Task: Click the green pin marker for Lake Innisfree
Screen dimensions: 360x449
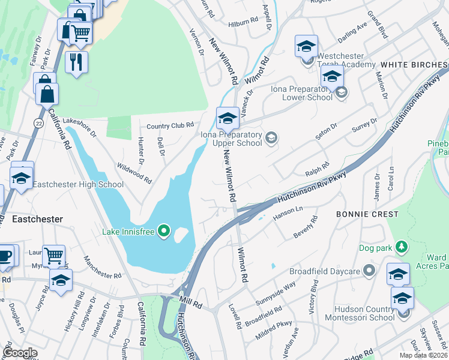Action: [163, 232]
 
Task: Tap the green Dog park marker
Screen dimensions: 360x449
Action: [402, 246]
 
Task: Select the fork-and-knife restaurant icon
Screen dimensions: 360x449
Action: [76, 62]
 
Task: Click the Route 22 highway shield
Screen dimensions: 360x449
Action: [38, 122]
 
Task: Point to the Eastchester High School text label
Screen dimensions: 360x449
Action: [77, 185]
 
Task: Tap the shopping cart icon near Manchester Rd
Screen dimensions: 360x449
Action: [53, 256]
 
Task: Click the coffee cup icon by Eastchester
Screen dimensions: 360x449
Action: [5, 256]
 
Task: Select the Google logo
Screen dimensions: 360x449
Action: [20, 352]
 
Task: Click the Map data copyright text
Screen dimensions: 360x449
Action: [423, 355]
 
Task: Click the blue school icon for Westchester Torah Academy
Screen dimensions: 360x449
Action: [306, 47]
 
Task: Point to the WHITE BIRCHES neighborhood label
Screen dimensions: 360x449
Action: [414, 64]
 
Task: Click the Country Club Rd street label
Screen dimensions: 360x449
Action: [171, 125]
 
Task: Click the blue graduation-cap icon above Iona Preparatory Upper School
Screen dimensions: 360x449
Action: [228, 118]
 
